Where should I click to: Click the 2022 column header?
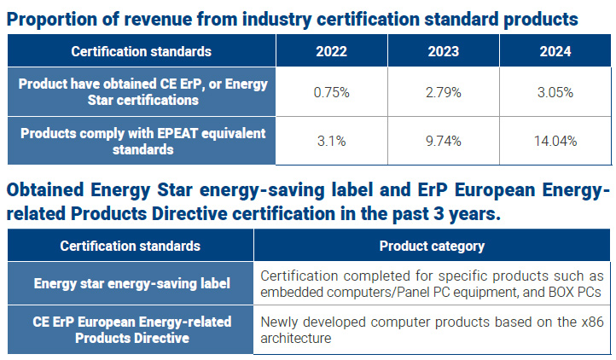pyautogui.click(x=332, y=51)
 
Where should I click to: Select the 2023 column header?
pyautogui.click(x=444, y=51)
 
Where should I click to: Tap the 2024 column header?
pyautogui.click(x=555, y=51)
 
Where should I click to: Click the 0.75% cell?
pyautogui.click(x=332, y=92)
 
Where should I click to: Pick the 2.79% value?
pyautogui.click(x=444, y=92)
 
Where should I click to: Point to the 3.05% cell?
pyautogui.click(x=555, y=92)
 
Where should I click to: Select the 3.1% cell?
pyautogui.click(x=332, y=141)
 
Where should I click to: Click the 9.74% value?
pyautogui.click(x=444, y=141)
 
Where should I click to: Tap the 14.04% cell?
pyautogui.click(x=555, y=141)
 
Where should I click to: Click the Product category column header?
pyautogui.click(x=432, y=246)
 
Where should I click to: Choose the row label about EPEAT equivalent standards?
pyautogui.click(x=142, y=141)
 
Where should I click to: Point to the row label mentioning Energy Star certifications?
pyautogui.click(x=142, y=92)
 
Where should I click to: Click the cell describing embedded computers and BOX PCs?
pyautogui.click(x=432, y=284)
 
